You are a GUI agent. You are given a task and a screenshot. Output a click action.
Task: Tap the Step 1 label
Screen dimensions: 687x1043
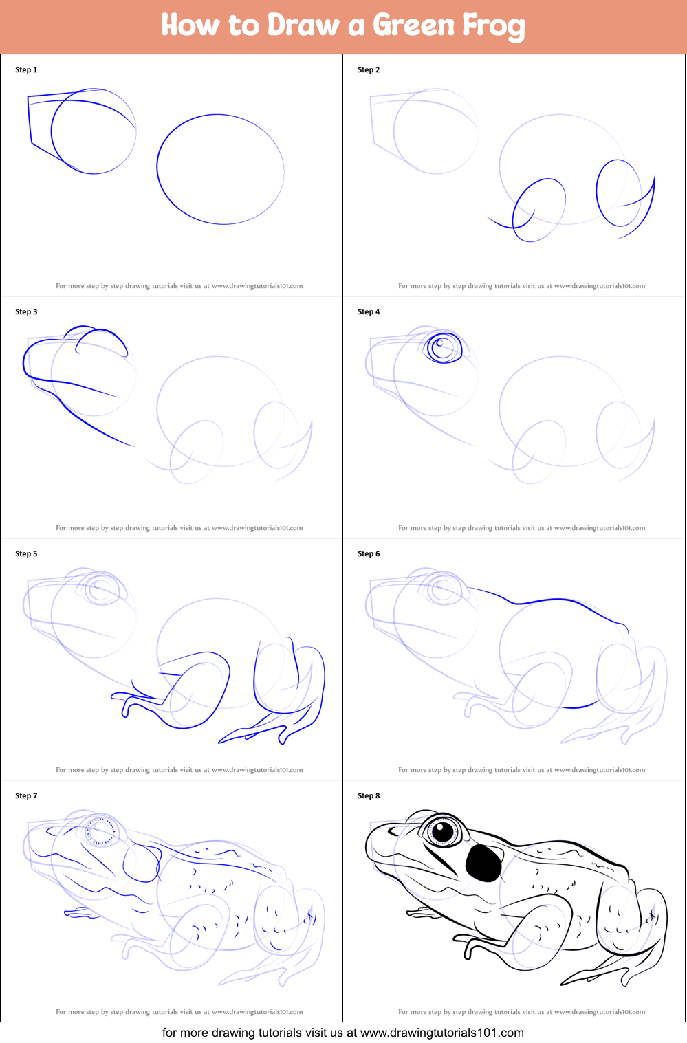(26, 70)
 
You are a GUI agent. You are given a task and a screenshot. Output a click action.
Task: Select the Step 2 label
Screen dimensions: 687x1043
(369, 70)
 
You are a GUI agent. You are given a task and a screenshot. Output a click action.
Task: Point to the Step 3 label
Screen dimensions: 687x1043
(26, 312)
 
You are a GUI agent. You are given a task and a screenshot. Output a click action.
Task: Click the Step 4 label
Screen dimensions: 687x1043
(369, 312)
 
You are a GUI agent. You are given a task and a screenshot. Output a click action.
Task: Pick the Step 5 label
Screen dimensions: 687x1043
(26, 554)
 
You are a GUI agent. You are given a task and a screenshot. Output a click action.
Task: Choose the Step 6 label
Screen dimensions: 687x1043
(369, 554)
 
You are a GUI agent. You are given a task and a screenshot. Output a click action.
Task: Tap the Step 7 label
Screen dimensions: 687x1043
(26, 796)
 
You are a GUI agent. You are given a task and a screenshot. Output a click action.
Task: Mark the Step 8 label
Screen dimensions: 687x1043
(369, 796)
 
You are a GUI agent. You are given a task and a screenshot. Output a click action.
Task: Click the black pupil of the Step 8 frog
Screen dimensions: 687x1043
(443, 831)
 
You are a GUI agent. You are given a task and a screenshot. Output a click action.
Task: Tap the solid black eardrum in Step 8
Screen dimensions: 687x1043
(484, 862)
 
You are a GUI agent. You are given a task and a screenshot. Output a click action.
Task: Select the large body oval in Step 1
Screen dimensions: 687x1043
(220, 169)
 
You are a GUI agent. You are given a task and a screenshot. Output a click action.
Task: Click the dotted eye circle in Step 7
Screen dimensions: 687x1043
(100, 832)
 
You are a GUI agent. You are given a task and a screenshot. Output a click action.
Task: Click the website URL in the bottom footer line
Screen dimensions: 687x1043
(442, 1033)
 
